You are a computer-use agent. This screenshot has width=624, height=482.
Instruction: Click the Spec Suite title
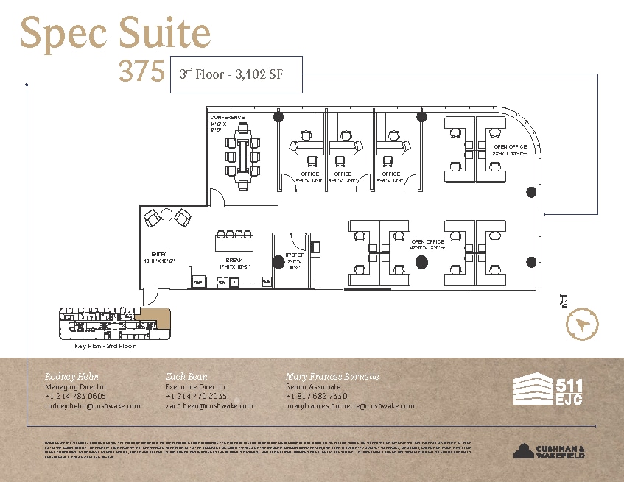point(115,35)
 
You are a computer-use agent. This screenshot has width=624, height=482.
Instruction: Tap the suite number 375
point(141,71)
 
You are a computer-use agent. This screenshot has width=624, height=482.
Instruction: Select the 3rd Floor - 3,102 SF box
point(236,74)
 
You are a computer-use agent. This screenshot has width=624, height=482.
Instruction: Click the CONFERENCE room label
point(227,118)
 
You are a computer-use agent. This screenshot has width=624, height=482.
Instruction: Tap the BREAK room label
point(234,261)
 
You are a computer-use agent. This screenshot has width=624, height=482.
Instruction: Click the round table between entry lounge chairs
point(167,216)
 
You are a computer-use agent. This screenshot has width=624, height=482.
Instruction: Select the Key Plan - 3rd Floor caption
point(105,345)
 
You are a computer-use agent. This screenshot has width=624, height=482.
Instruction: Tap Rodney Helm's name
point(71,376)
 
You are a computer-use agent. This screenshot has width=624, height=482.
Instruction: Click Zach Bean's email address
point(209,405)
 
